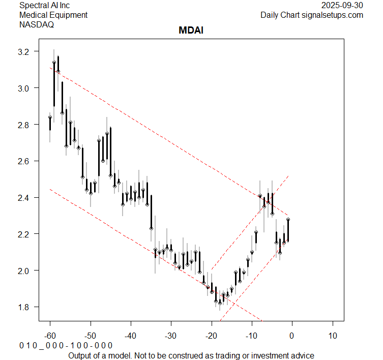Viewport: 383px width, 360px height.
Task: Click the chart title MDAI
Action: [x=191, y=31]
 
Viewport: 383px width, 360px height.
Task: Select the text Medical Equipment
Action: [x=53, y=15]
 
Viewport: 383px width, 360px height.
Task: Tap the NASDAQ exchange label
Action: [x=37, y=24]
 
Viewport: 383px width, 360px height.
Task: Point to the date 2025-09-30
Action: [x=343, y=6]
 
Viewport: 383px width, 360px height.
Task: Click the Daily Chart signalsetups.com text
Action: [x=312, y=15]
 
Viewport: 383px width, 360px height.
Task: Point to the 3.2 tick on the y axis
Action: [x=25, y=52]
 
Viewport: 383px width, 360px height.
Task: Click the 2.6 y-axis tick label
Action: [x=25, y=161]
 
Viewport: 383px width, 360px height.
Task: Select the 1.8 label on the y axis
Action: [x=25, y=307]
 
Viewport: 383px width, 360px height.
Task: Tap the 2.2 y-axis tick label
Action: [x=25, y=234]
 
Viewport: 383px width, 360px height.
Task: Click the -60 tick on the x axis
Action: [x=50, y=336]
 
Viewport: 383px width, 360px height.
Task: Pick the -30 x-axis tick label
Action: [x=171, y=336]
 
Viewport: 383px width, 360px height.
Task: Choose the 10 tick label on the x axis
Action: [x=332, y=336]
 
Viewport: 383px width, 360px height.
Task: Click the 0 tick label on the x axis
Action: [x=292, y=336]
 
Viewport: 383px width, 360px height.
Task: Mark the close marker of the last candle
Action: [x=288, y=220]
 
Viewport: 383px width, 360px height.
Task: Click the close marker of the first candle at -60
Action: [x=50, y=117]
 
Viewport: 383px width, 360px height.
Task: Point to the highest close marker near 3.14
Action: [x=54, y=63]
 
